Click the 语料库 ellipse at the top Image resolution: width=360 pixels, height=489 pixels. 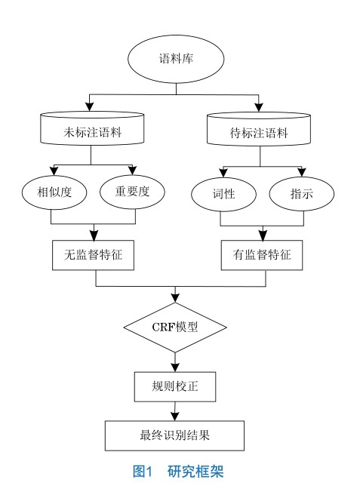176,59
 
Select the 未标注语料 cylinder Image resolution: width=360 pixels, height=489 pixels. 92,128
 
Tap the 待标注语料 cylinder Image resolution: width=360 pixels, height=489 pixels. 259,129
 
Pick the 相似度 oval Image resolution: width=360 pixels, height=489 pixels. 54,192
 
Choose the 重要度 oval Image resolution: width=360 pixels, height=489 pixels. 132,192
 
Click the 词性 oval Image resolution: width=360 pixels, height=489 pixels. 223,194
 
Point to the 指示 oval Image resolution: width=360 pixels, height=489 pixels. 302,194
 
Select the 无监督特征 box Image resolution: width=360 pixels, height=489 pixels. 93,255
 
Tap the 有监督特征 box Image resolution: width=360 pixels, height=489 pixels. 262,255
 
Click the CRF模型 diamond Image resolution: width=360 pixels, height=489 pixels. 175,328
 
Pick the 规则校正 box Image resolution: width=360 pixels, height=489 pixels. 175,386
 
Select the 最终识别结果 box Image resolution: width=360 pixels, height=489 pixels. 174,435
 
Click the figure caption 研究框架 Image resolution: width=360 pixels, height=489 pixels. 195,471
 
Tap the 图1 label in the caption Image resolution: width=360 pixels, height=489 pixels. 142,471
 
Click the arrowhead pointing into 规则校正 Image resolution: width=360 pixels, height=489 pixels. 175,367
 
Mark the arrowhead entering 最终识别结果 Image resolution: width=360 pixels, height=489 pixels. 174,416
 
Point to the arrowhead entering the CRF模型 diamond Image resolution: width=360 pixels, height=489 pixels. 175,298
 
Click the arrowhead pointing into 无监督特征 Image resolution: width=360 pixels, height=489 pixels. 94,235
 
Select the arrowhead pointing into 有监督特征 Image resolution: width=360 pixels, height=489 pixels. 263,235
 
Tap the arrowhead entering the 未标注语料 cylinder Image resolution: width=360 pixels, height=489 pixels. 90,106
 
